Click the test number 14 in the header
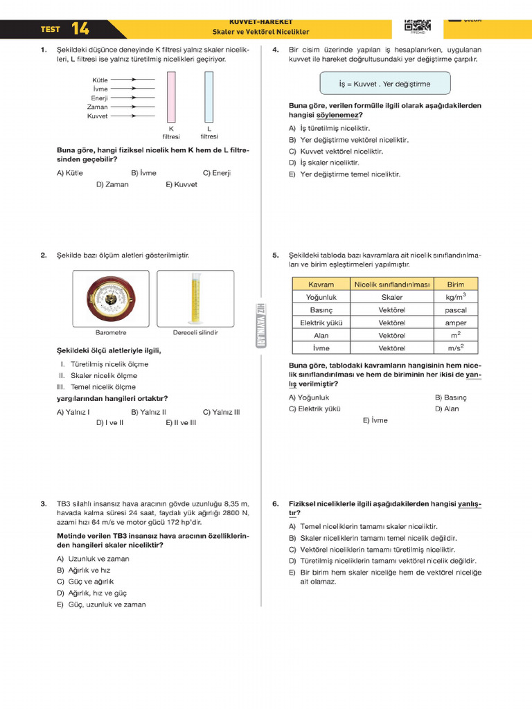pos(80,29)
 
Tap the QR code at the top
pos(417,25)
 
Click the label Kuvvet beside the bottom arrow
pos(97,116)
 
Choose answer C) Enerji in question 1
pos(216,173)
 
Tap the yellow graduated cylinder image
pos(195,298)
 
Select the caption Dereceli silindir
pos(195,332)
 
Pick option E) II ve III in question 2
pos(181,422)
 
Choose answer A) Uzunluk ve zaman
pos(93,559)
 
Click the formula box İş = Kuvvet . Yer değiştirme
pos(384,84)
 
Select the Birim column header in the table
pos(455,285)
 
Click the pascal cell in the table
pos(455,310)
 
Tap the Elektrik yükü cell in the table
pos(321,323)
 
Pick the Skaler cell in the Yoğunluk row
pos(391,297)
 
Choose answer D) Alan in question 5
pos(447,409)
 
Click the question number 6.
pos(275,504)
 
